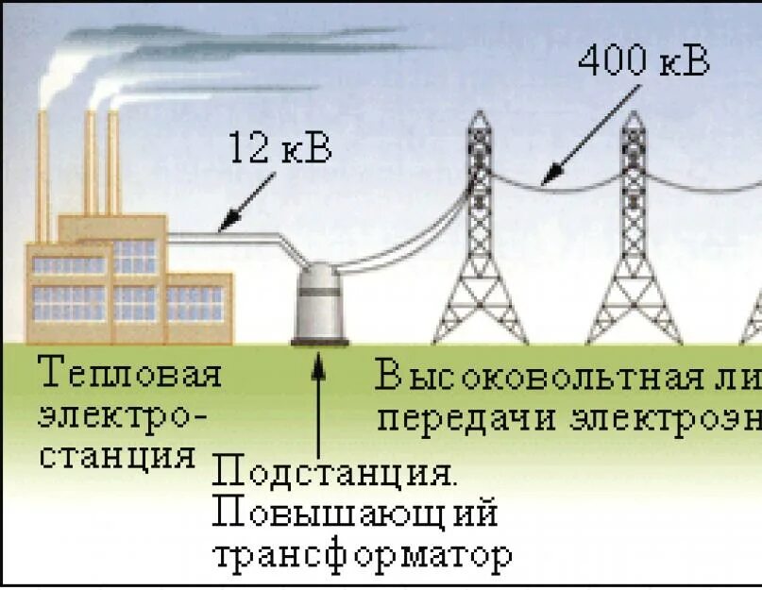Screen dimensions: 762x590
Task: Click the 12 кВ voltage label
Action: tap(280, 149)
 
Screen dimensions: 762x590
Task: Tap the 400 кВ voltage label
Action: tap(643, 62)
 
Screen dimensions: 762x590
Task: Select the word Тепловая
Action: tap(130, 375)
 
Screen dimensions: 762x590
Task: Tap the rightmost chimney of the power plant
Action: tap(113, 160)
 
